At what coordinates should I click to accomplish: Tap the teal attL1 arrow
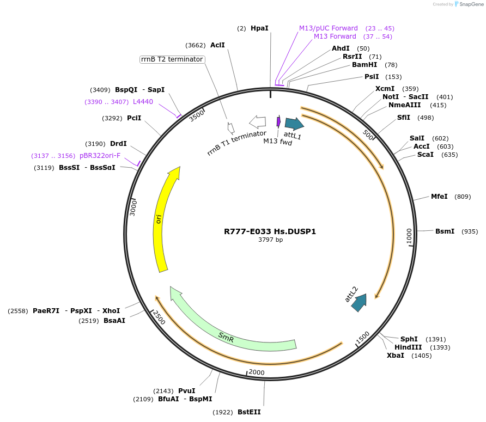[294, 124]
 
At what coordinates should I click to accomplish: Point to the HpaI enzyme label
[259, 28]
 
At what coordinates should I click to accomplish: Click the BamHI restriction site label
[364, 65]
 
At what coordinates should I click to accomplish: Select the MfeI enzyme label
[439, 197]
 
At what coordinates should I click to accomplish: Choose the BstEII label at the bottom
[249, 412]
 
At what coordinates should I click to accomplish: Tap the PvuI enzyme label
[186, 391]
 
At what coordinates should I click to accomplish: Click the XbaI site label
[396, 356]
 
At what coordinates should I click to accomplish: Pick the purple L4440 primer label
[143, 102]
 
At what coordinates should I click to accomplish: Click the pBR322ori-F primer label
[100, 156]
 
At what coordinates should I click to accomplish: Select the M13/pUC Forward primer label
[328, 28]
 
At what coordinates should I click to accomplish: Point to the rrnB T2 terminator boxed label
[172, 59]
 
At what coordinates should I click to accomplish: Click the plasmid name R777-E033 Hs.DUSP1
[270, 231]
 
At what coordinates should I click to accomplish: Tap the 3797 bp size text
[270, 240]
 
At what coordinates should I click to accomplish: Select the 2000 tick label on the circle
[256, 372]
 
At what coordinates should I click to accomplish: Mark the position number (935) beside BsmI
[469, 231]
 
